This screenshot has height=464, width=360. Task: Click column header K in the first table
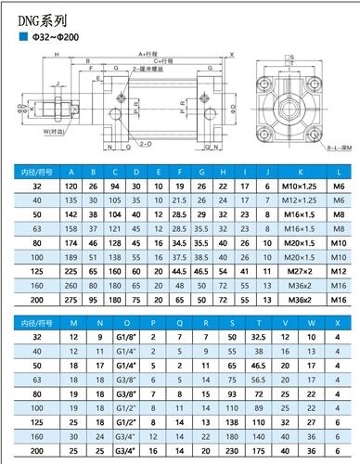(x=296, y=172)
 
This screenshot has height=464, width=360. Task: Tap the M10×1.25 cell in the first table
(x=296, y=187)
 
